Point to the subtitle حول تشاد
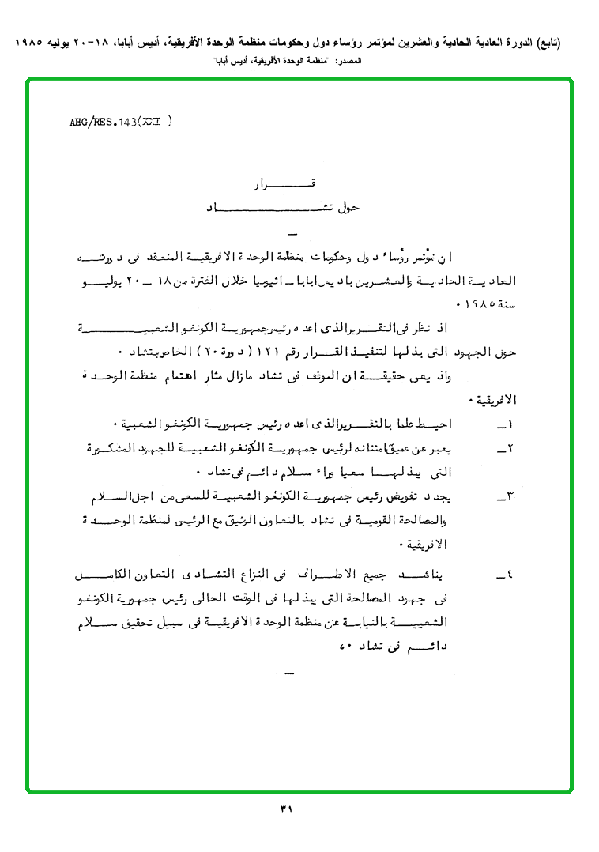tap(285, 210)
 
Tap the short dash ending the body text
tap(288, 673)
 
